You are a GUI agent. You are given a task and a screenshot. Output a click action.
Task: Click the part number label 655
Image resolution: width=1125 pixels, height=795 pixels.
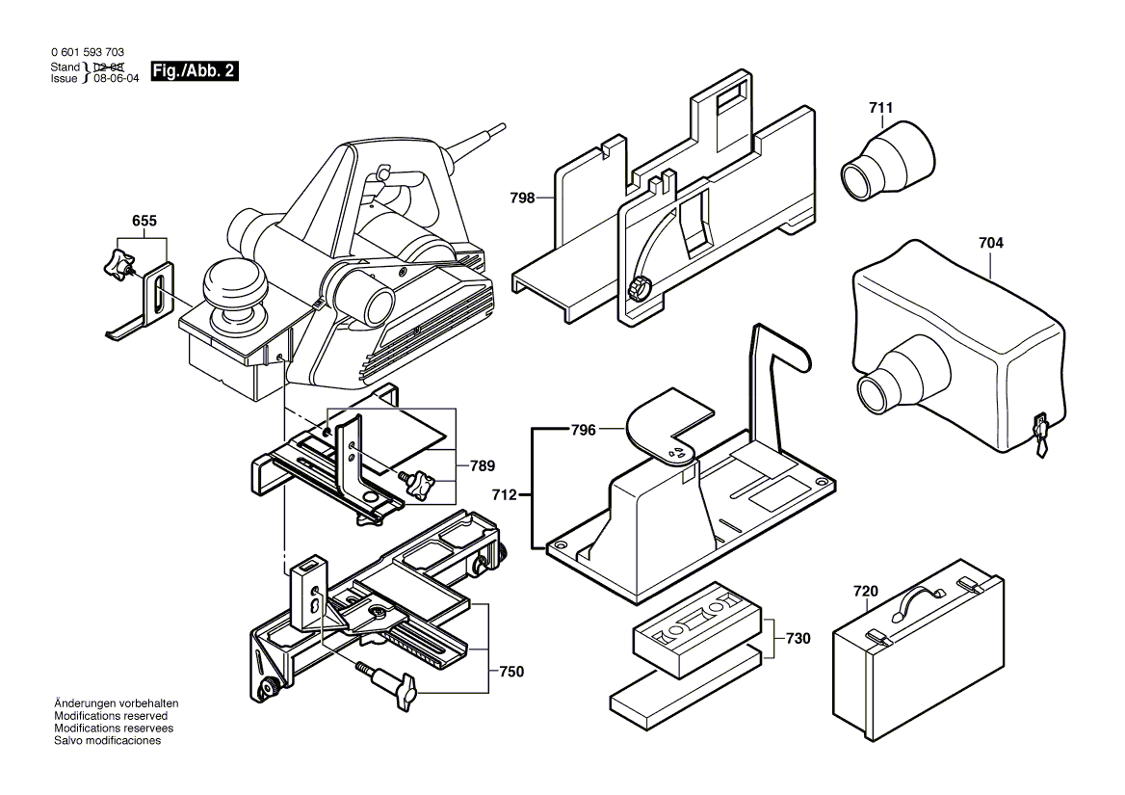click(x=144, y=221)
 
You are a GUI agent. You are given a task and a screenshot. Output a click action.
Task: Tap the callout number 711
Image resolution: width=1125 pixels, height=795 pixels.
click(x=880, y=108)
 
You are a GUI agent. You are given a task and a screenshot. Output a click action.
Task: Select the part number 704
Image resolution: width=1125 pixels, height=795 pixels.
click(x=990, y=244)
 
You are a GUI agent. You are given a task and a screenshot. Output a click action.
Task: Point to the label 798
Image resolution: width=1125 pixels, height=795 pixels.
click(x=522, y=199)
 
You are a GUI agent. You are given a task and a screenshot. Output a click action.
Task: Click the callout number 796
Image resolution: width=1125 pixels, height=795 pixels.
click(x=584, y=430)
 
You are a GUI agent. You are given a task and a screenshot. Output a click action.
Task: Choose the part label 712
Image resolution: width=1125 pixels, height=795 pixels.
click(x=504, y=495)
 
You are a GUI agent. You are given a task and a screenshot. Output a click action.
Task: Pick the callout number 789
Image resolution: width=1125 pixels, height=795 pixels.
click(x=483, y=465)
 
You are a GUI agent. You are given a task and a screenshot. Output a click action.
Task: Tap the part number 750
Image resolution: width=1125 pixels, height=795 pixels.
click(x=511, y=672)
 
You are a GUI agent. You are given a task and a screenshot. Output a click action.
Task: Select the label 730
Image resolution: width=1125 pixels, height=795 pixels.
click(x=798, y=638)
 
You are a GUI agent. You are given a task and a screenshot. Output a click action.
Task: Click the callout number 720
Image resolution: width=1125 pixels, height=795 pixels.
click(x=866, y=591)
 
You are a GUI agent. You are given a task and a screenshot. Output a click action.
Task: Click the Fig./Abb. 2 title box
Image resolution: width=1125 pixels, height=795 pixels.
click(x=193, y=72)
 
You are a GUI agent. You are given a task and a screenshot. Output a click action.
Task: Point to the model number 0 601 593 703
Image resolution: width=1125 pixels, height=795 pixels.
click(x=87, y=52)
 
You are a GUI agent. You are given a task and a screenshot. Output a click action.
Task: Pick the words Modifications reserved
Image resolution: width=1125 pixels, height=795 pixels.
click(x=111, y=716)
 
